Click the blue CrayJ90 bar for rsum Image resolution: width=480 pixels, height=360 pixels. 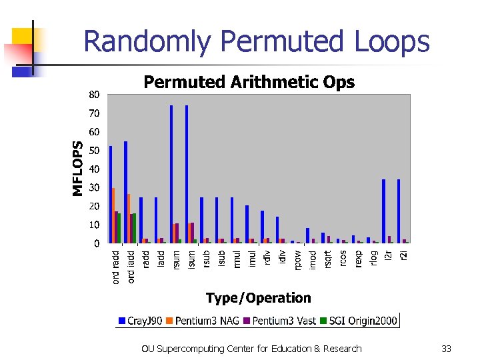point(171,174)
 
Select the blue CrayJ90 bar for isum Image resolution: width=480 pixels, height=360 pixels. point(187,174)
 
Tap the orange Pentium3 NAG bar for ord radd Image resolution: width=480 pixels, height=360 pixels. point(114,215)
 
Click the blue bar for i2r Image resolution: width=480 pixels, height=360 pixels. point(384,211)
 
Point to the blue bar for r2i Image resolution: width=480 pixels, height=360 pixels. point(399,211)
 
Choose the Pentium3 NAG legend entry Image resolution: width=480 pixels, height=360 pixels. point(207,321)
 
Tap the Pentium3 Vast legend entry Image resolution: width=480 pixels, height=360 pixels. point(280,321)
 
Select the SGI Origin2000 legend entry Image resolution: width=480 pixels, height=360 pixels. point(359,321)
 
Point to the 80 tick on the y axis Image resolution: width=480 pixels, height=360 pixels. point(95,95)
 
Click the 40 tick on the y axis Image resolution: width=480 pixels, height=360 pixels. point(95,169)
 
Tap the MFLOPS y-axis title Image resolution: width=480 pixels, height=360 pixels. point(79,168)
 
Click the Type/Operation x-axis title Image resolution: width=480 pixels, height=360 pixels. point(258,298)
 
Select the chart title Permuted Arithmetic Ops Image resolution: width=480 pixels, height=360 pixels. point(249,82)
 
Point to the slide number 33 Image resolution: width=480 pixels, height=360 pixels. point(447,349)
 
